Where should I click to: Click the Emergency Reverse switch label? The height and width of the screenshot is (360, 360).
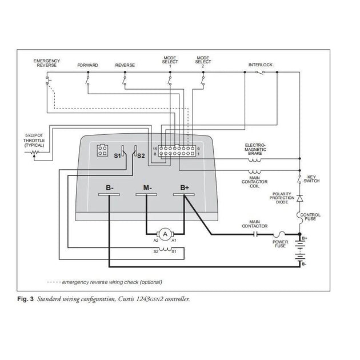tap(47, 63)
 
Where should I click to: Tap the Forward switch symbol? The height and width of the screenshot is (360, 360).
tap(87, 79)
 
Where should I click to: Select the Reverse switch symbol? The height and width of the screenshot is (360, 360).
tap(125, 79)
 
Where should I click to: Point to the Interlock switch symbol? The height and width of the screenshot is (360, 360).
tap(260, 72)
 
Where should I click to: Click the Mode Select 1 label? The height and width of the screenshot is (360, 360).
tap(170, 62)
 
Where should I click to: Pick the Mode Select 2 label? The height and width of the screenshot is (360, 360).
tap(203, 62)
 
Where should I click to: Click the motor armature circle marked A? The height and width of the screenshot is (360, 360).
tap(165, 234)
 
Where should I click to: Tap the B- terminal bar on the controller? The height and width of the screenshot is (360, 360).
tap(109, 194)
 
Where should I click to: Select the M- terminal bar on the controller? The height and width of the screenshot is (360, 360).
tap(146, 194)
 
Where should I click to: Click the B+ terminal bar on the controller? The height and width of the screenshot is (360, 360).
tap(183, 194)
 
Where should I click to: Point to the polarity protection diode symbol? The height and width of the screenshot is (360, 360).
tap(299, 198)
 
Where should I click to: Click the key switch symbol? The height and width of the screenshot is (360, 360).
tap(299, 179)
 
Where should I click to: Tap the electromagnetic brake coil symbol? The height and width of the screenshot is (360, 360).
tap(255, 160)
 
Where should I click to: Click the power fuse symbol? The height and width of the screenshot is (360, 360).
tap(279, 234)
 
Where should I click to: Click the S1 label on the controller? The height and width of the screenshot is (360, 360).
tap(117, 155)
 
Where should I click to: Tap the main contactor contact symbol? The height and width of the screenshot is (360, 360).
tap(255, 234)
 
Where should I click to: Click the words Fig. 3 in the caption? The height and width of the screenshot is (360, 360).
tap(25, 299)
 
